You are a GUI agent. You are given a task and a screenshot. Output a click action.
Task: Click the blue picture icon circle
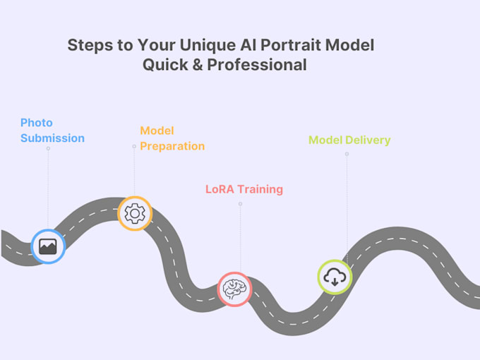click(x=48, y=246)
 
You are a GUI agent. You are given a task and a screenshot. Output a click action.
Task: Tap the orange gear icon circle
click(x=134, y=213)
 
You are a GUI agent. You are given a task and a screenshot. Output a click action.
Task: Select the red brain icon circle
click(x=234, y=289)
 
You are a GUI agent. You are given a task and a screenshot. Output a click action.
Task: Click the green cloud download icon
click(x=335, y=277)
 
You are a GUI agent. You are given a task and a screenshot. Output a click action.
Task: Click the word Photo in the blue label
click(x=37, y=123)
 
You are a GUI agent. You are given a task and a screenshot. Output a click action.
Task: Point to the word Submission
click(x=52, y=138)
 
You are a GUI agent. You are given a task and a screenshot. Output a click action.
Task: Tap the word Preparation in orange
click(x=172, y=146)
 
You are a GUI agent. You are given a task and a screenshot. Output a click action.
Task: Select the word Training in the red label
click(x=260, y=189)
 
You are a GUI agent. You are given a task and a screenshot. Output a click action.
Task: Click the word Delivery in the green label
click(x=367, y=140)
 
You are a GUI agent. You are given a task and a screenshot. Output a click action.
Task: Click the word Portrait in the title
click(x=294, y=45)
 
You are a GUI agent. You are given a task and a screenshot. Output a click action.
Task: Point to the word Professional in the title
click(x=257, y=65)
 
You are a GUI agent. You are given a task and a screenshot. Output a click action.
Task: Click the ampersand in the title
click(x=196, y=65)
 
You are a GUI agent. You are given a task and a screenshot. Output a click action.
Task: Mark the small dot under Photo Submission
click(x=48, y=148)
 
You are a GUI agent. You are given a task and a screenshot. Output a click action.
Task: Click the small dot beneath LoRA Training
click(x=240, y=204)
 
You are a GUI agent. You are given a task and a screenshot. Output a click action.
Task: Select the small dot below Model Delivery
click(x=347, y=154)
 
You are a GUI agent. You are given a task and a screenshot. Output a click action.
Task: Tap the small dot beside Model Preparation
click(x=134, y=147)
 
